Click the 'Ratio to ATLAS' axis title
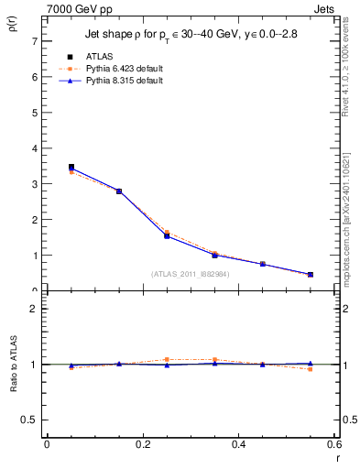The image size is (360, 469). pos(14,364)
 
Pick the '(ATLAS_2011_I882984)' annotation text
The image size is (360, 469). pos(190,274)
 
